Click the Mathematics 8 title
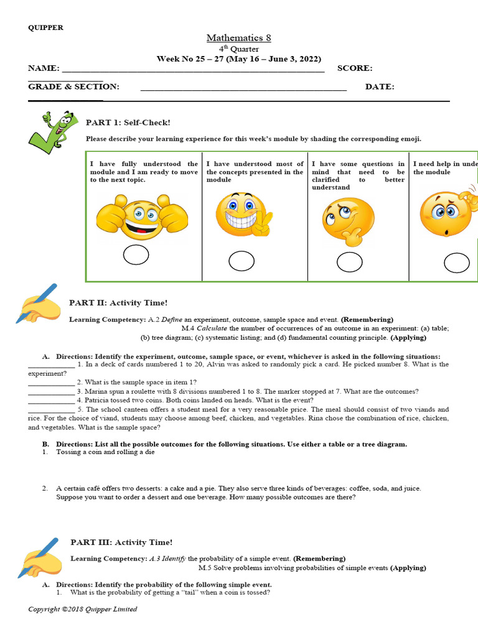[x=239, y=39]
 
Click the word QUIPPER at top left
[x=45, y=27]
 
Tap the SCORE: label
[x=355, y=68]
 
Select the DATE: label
[x=380, y=87]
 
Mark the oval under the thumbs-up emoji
[x=136, y=255]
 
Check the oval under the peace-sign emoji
[x=241, y=262]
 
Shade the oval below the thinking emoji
[x=350, y=263]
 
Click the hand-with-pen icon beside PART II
[x=39, y=303]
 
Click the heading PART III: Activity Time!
[x=121, y=542]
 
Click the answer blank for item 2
[x=51, y=383]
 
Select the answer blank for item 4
[x=51, y=401]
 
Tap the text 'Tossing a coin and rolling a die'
[x=105, y=452]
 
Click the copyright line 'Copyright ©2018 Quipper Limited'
[x=82, y=609]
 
